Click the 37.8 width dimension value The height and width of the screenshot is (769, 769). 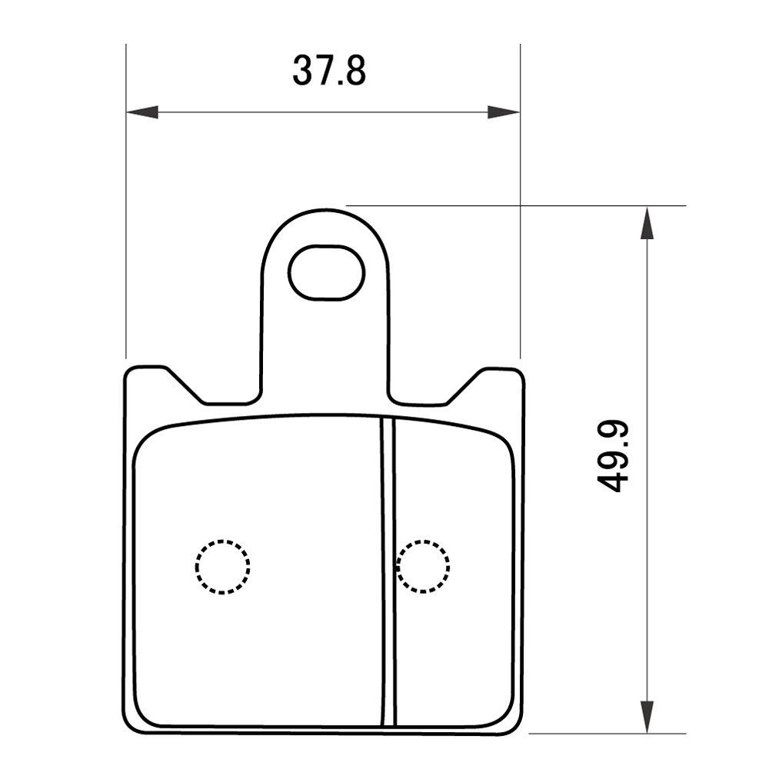328,71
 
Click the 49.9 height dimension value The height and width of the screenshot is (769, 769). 613,456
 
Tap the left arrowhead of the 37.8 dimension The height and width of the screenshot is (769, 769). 141,112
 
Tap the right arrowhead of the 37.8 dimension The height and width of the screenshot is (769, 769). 504,112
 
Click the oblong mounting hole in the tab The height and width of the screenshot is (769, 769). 326,272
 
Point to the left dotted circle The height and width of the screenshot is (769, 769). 222,566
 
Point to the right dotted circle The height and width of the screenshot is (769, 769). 423,566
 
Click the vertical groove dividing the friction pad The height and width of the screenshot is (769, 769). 388,569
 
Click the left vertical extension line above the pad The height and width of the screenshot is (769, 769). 125,231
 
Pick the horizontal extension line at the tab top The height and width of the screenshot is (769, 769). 538,205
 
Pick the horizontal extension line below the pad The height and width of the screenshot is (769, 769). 608,734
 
